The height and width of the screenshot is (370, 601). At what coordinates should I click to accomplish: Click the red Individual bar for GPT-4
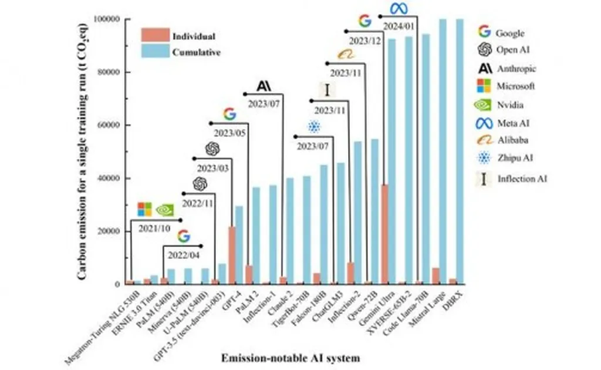pyautogui.click(x=232, y=255)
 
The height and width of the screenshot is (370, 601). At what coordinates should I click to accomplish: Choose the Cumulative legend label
pyautogui.click(x=197, y=52)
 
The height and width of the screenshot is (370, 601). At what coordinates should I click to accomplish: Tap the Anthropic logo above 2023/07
pyautogui.click(x=264, y=86)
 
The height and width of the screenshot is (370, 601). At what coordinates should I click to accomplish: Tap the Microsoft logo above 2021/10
pyautogui.click(x=144, y=209)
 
